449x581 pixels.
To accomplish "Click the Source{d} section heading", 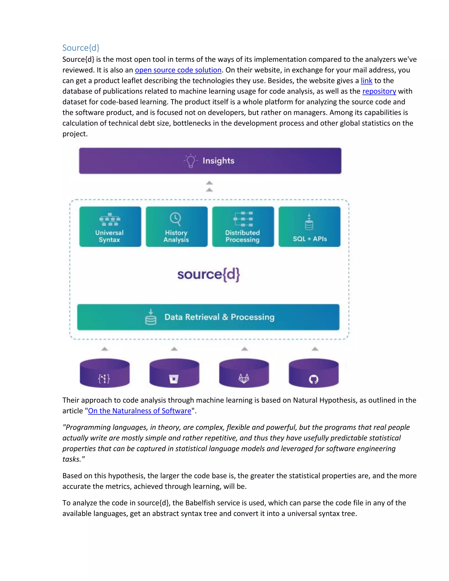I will (x=81, y=48).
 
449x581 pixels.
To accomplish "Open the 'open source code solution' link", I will (x=178, y=70).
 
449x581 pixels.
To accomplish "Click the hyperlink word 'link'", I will (x=366, y=81).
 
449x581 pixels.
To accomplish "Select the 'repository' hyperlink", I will (x=379, y=91).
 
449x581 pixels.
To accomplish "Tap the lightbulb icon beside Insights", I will (x=191, y=161).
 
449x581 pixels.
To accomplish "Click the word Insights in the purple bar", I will (x=218, y=161).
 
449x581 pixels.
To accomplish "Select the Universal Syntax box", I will (x=110, y=227).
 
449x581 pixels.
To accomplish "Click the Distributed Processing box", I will (x=243, y=227).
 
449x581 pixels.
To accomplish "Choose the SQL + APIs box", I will (x=309, y=227).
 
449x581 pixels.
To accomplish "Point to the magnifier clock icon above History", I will (x=176, y=219).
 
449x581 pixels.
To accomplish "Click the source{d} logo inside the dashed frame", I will (x=209, y=274).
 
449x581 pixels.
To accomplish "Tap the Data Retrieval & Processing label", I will (x=219, y=317).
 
